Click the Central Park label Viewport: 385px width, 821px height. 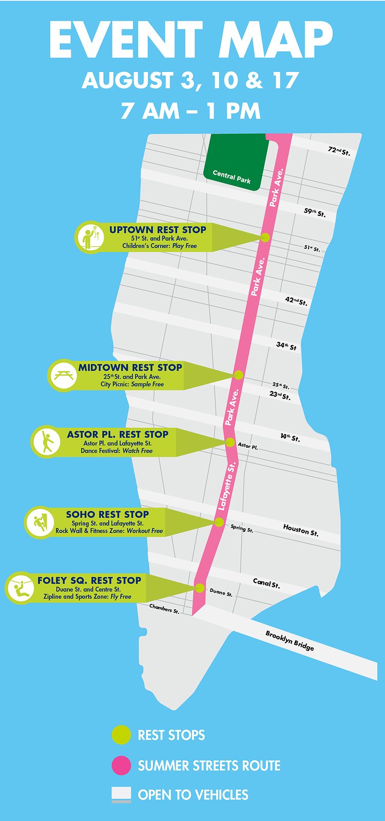(x=232, y=177)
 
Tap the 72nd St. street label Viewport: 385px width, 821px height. (x=339, y=151)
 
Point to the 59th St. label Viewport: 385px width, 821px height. (x=314, y=212)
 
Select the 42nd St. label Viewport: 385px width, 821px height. (x=296, y=301)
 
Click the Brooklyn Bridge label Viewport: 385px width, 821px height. (x=290, y=641)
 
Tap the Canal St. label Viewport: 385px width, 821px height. (x=266, y=583)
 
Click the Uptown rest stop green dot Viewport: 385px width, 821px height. (x=265, y=238)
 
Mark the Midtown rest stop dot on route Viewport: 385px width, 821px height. (x=238, y=375)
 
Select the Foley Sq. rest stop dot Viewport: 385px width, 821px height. (x=200, y=588)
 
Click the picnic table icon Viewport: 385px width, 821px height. (x=64, y=375)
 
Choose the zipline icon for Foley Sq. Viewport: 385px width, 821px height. (x=21, y=588)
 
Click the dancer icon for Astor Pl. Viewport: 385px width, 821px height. (x=47, y=442)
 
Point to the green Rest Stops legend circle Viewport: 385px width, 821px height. (x=121, y=735)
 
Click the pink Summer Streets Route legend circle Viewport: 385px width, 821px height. (x=121, y=765)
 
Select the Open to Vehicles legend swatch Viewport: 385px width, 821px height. (x=121, y=794)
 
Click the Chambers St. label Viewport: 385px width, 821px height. (x=164, y=609)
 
